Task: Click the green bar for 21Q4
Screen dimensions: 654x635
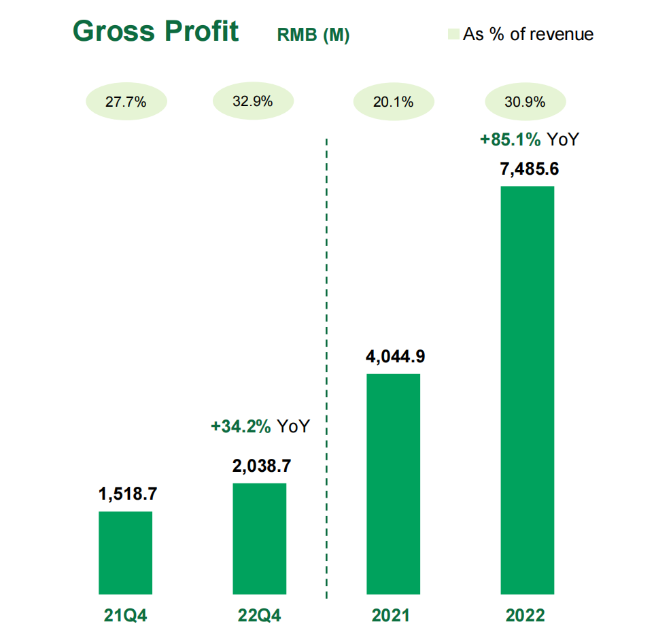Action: point(126,553)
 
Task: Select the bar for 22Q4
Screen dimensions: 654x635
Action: point(260,538)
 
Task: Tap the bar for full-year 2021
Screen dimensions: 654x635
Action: point(394,484)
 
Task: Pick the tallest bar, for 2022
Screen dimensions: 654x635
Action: point(527,390)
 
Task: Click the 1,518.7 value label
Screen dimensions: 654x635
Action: point(128,494)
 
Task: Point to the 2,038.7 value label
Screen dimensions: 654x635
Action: point(262,466)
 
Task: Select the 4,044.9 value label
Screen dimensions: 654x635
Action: point(396,356)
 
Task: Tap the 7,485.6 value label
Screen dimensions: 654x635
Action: point(530,169)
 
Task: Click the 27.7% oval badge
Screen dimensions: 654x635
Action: point(126,101)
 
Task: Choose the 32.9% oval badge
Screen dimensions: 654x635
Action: point(253,101)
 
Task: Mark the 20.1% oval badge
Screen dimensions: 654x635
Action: point(394,101)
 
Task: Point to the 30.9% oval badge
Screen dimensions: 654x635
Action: point(526,101)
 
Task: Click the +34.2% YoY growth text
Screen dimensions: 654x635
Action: point(260,426)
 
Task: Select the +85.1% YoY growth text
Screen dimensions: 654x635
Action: point(530,139)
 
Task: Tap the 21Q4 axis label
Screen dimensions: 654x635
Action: point(126,615)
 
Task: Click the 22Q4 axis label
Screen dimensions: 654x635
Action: point(260,615)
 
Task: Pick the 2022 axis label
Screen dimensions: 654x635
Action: point(525,615)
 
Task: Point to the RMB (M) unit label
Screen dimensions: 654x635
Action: point(313,35)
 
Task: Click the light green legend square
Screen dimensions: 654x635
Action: point(453,34)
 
